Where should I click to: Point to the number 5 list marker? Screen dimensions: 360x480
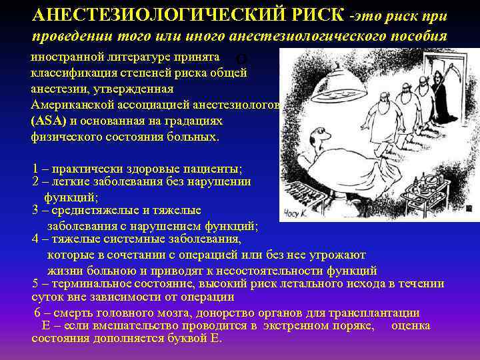point(35,283)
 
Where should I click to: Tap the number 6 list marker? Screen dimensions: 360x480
point(37,313)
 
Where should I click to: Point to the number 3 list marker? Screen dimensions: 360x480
point(35,210)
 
